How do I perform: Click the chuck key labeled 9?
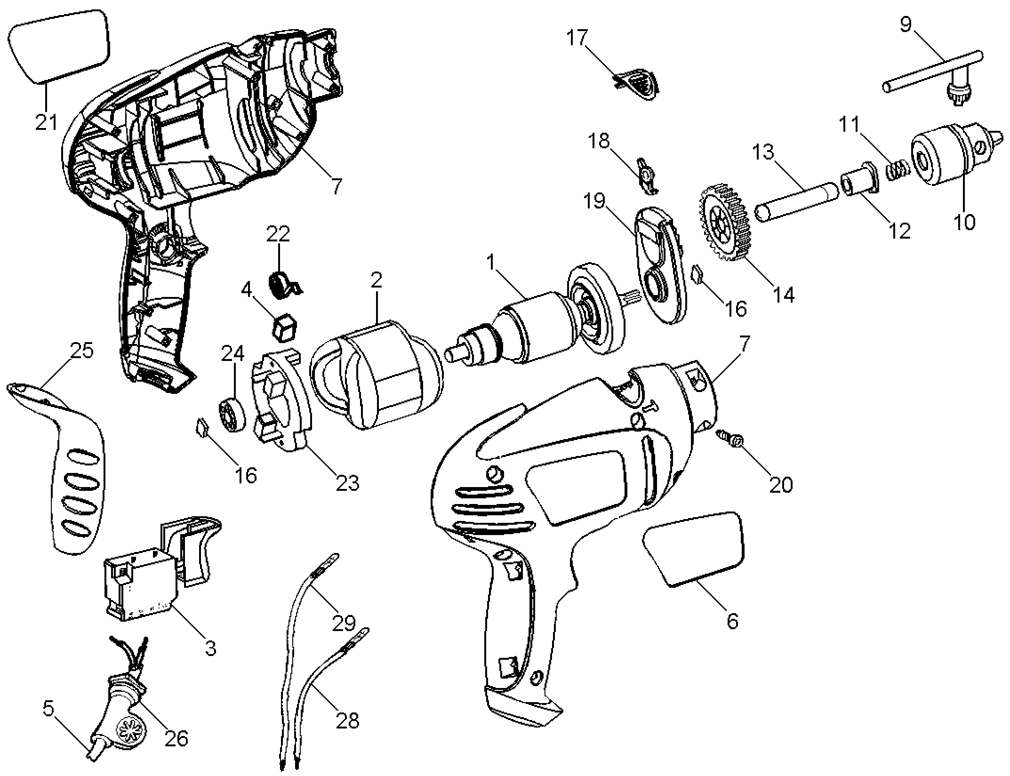point(934,75)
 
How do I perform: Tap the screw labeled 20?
point(729,437)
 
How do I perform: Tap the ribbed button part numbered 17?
point(638,84)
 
